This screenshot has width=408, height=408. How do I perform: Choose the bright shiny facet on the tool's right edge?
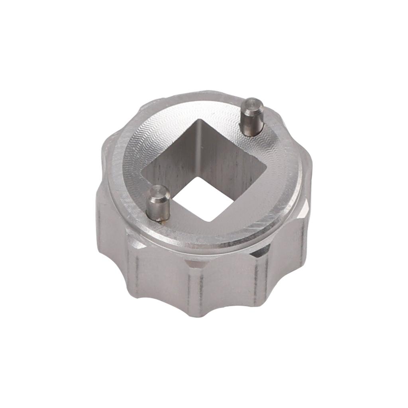click(x=306, y=207)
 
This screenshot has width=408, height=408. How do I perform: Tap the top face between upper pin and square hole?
click(x=231, y=127)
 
